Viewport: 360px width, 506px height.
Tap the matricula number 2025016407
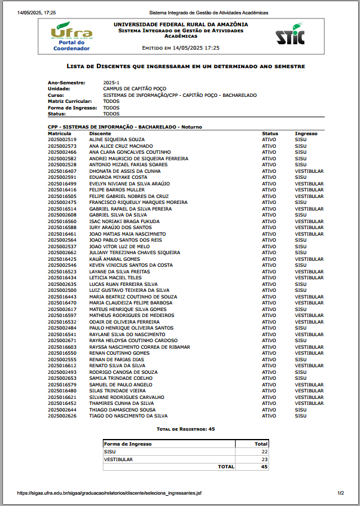[x=62, y=171]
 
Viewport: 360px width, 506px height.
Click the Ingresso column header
[x=306, y=133]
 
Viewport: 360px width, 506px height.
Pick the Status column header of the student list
[x=270, y=133]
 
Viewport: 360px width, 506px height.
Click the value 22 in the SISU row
[x=264, y=452]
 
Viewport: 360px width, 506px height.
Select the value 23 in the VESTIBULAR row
[x=264, y=459]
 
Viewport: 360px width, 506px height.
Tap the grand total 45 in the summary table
[x=264, y=467]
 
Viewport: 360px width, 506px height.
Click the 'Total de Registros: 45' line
[x=185, y=429]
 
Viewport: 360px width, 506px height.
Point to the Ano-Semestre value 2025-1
[x=111, y=82]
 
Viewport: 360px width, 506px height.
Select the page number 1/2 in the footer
[x=340, y=493]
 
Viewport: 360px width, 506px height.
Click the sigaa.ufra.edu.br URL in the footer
[x=109, y=493]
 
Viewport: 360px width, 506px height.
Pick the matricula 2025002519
[x=62, y=139]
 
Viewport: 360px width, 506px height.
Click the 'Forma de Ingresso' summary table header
[x=128, y=444]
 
